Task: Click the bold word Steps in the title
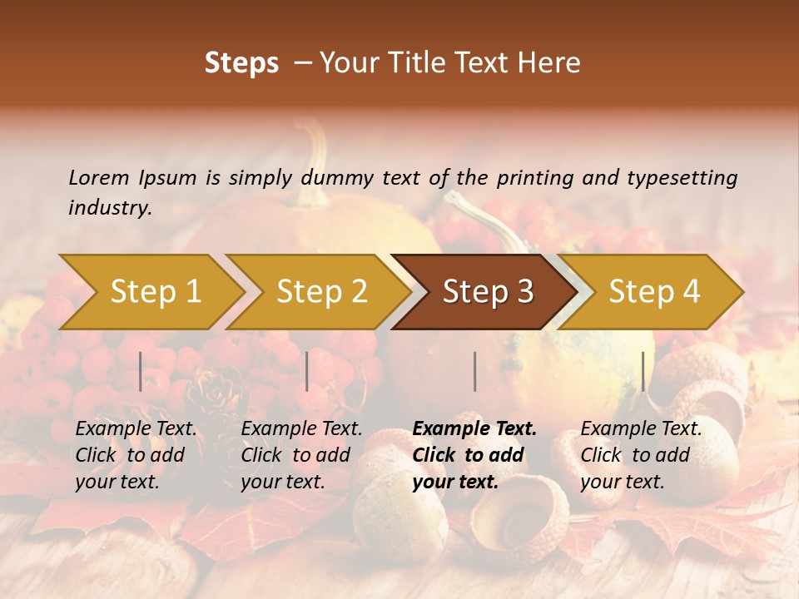click(x=241, y=64)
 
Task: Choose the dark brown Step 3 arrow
click(x=487, y=291)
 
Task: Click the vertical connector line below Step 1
click(x=141, y=371)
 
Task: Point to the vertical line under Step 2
click(x=307, y=371)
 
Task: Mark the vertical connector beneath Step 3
click(x=474, y=371)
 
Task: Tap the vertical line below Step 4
click(x=643, y=371)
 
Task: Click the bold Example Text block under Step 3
click(x=474, y=455)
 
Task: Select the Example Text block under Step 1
click(x=136, y=455)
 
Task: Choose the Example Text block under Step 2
click(x=301, y=455)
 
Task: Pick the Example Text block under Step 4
click(x=641, y=455)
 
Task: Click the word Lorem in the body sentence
click(x=99, y=177)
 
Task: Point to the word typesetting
click(x=682, y=178)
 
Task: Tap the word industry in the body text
click(x=110, y=208)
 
